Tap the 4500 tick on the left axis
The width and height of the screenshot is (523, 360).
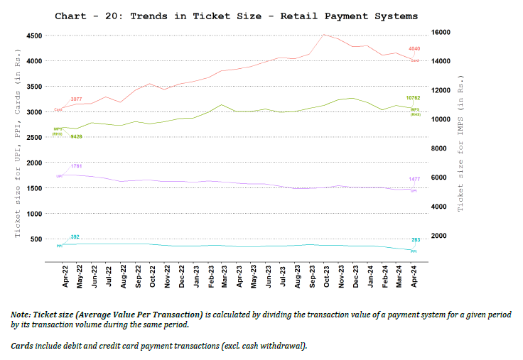pyautogui.click(x=33, y=36)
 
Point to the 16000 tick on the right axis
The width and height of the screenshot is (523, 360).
pyautogui.click(x=441, y=32)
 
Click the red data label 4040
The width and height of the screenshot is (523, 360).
pyautogui.click(x=414, y=49)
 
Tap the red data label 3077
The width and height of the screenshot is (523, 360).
pyautogui.click(x=76, y=99)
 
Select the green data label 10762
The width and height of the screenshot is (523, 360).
pyautogui.click(x=413, y=97)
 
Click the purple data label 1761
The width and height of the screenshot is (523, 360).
pyautogui.click(x=77, y=166)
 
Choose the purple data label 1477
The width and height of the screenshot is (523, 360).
pyautogui.click(x=414, y=179)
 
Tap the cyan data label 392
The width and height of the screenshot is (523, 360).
pyautogui.click(x=75, y=236)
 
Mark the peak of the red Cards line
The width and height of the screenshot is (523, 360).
pyautogui.click(x=324, y=34)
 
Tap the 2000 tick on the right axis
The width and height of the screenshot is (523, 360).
pyautogui.click(x=439, y=236)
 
